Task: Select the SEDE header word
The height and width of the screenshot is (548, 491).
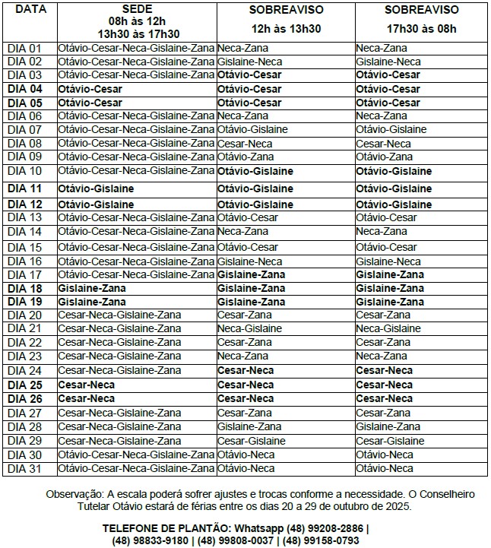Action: pos(136,8)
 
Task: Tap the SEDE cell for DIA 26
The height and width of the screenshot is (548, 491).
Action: pos(87,398)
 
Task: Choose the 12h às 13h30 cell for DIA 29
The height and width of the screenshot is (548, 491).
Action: pos(251,441)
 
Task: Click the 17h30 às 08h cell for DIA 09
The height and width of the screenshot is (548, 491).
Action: pos(384,157)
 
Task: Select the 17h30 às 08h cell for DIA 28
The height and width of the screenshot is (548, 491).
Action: pos(388,426)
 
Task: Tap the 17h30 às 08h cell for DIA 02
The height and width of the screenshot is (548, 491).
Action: pos(388,62)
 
